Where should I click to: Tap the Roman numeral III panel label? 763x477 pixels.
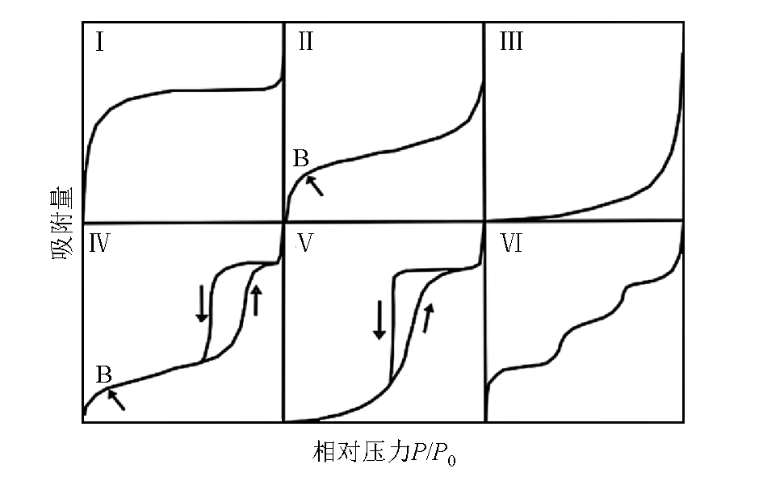point(511,41)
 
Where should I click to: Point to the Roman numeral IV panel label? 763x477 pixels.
point(99,243)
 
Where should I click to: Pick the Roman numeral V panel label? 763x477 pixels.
point(305,243)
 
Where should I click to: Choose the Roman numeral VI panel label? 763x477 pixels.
point(511,243)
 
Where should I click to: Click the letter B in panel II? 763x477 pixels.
point(301,158)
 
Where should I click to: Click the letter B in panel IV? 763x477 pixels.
point(104,374)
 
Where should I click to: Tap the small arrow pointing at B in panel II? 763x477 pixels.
point(314,186)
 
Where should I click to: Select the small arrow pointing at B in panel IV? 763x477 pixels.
point(116,400)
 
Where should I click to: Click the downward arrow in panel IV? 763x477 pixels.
point(202,303)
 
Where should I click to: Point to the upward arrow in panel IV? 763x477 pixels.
point(256,300)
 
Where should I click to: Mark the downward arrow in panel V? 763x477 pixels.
point(379,320)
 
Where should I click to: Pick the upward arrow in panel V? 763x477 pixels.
point(427,318)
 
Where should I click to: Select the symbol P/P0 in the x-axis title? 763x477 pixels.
point(433,453)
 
